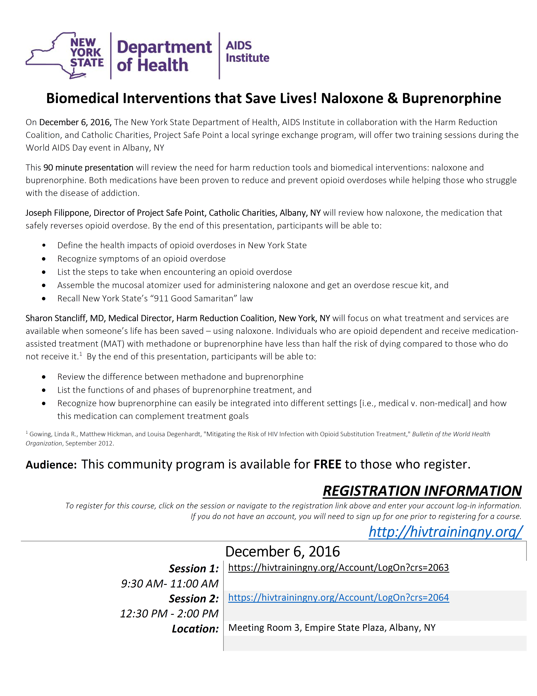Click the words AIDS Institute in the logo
pos(247,52)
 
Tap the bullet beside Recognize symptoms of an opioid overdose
pos(44,259)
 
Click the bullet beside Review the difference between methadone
pos(44,377)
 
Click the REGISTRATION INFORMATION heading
pos(422,491)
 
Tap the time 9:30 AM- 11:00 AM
pos(170,584)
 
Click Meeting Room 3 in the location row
pos(264,627)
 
